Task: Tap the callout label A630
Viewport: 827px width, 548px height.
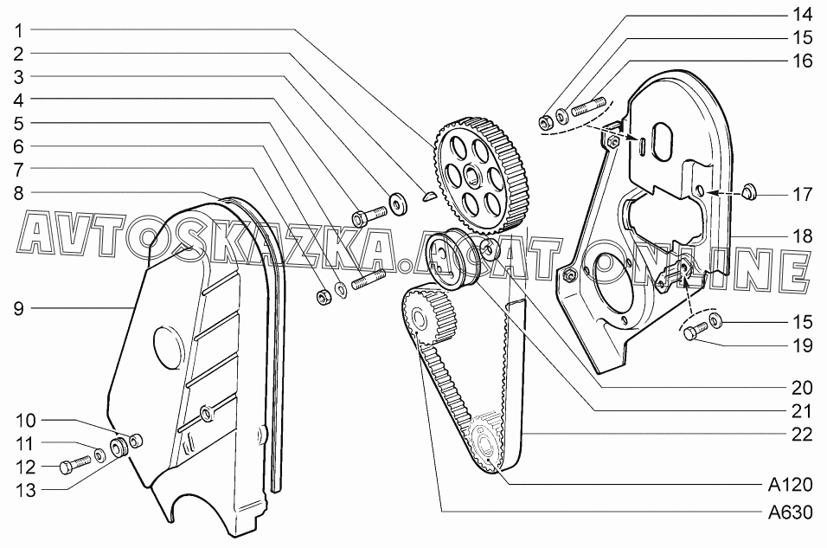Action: (x=789, y=512)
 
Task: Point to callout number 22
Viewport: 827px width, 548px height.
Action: (x=801, y=435)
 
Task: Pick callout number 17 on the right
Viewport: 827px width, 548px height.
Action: (x=801, y=194)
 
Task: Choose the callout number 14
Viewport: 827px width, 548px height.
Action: (x=801, y=15)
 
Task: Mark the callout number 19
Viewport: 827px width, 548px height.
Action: (x=801, y=345)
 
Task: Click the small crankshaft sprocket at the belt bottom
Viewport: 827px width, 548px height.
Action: (x=484, y=445)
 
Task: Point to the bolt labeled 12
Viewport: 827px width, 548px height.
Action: (x=74, y=464)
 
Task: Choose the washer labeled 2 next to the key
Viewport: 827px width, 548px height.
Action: (x=400, y=203)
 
